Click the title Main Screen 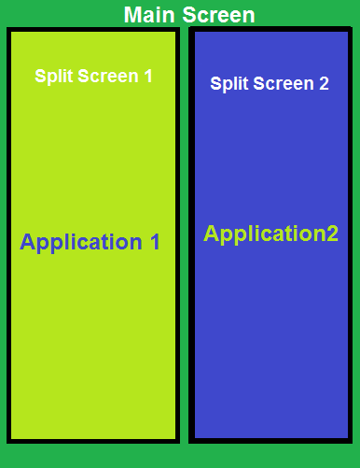tap(188, 15)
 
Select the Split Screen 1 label tap(93, 76)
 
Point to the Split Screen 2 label tap(270, 83)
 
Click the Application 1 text tap(90, 243)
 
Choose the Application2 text tap(270, 234)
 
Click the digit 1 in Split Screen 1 tap(147, 76)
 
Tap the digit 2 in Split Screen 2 tap(324, 83)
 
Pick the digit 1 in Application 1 tap(154, 243)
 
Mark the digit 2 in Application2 tap(331, 234)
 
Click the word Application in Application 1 tap(78, 243)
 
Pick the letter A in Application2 tap(212, 234)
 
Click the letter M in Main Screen tap(132, 15)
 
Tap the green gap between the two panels tap(184, 234)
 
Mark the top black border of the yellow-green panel tap(93, 31)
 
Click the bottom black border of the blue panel tap(270, 439)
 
